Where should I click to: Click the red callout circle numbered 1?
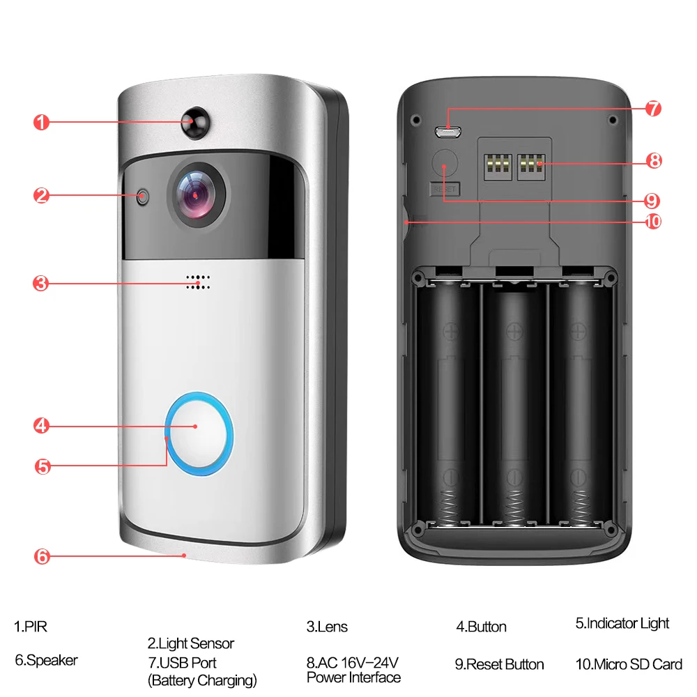coord(42,123)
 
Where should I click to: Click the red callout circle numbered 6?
coord(42,556)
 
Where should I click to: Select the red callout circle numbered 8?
coord(653,161)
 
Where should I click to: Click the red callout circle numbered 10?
coord(653,222)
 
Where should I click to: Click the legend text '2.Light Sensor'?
coord(190,643)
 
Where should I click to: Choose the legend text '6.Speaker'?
coord(46,659)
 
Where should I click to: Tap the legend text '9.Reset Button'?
coord(499,664)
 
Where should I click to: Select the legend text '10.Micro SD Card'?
coord(629,664)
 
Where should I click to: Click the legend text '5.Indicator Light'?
coord(622,623)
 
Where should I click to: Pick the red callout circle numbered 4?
coord(42,425)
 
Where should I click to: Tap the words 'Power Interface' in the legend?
coord(353,677)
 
